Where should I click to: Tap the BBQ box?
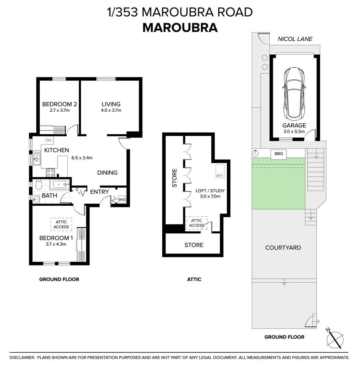[x=279, y=154]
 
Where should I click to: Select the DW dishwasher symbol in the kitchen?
[x=48, y=140]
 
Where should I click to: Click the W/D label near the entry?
[x=122, y=199]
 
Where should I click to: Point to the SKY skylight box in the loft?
[x=219, y=171]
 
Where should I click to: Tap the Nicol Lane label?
[x=295, y=39]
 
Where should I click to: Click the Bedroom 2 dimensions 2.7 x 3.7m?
[x=57, y=110]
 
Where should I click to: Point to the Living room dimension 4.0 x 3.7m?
[x=111, y=110]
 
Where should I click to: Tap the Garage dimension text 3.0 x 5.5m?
[x=294, y=132]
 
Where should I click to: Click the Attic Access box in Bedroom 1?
[x=61, y=224]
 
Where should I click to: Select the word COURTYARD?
[x=283, y=248]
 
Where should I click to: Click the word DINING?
[x=107, y=173]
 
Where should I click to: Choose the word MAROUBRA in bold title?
[x=180, y=28]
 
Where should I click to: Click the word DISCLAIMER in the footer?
[x=22, y=357]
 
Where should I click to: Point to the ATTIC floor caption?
[x=194, y=279]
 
